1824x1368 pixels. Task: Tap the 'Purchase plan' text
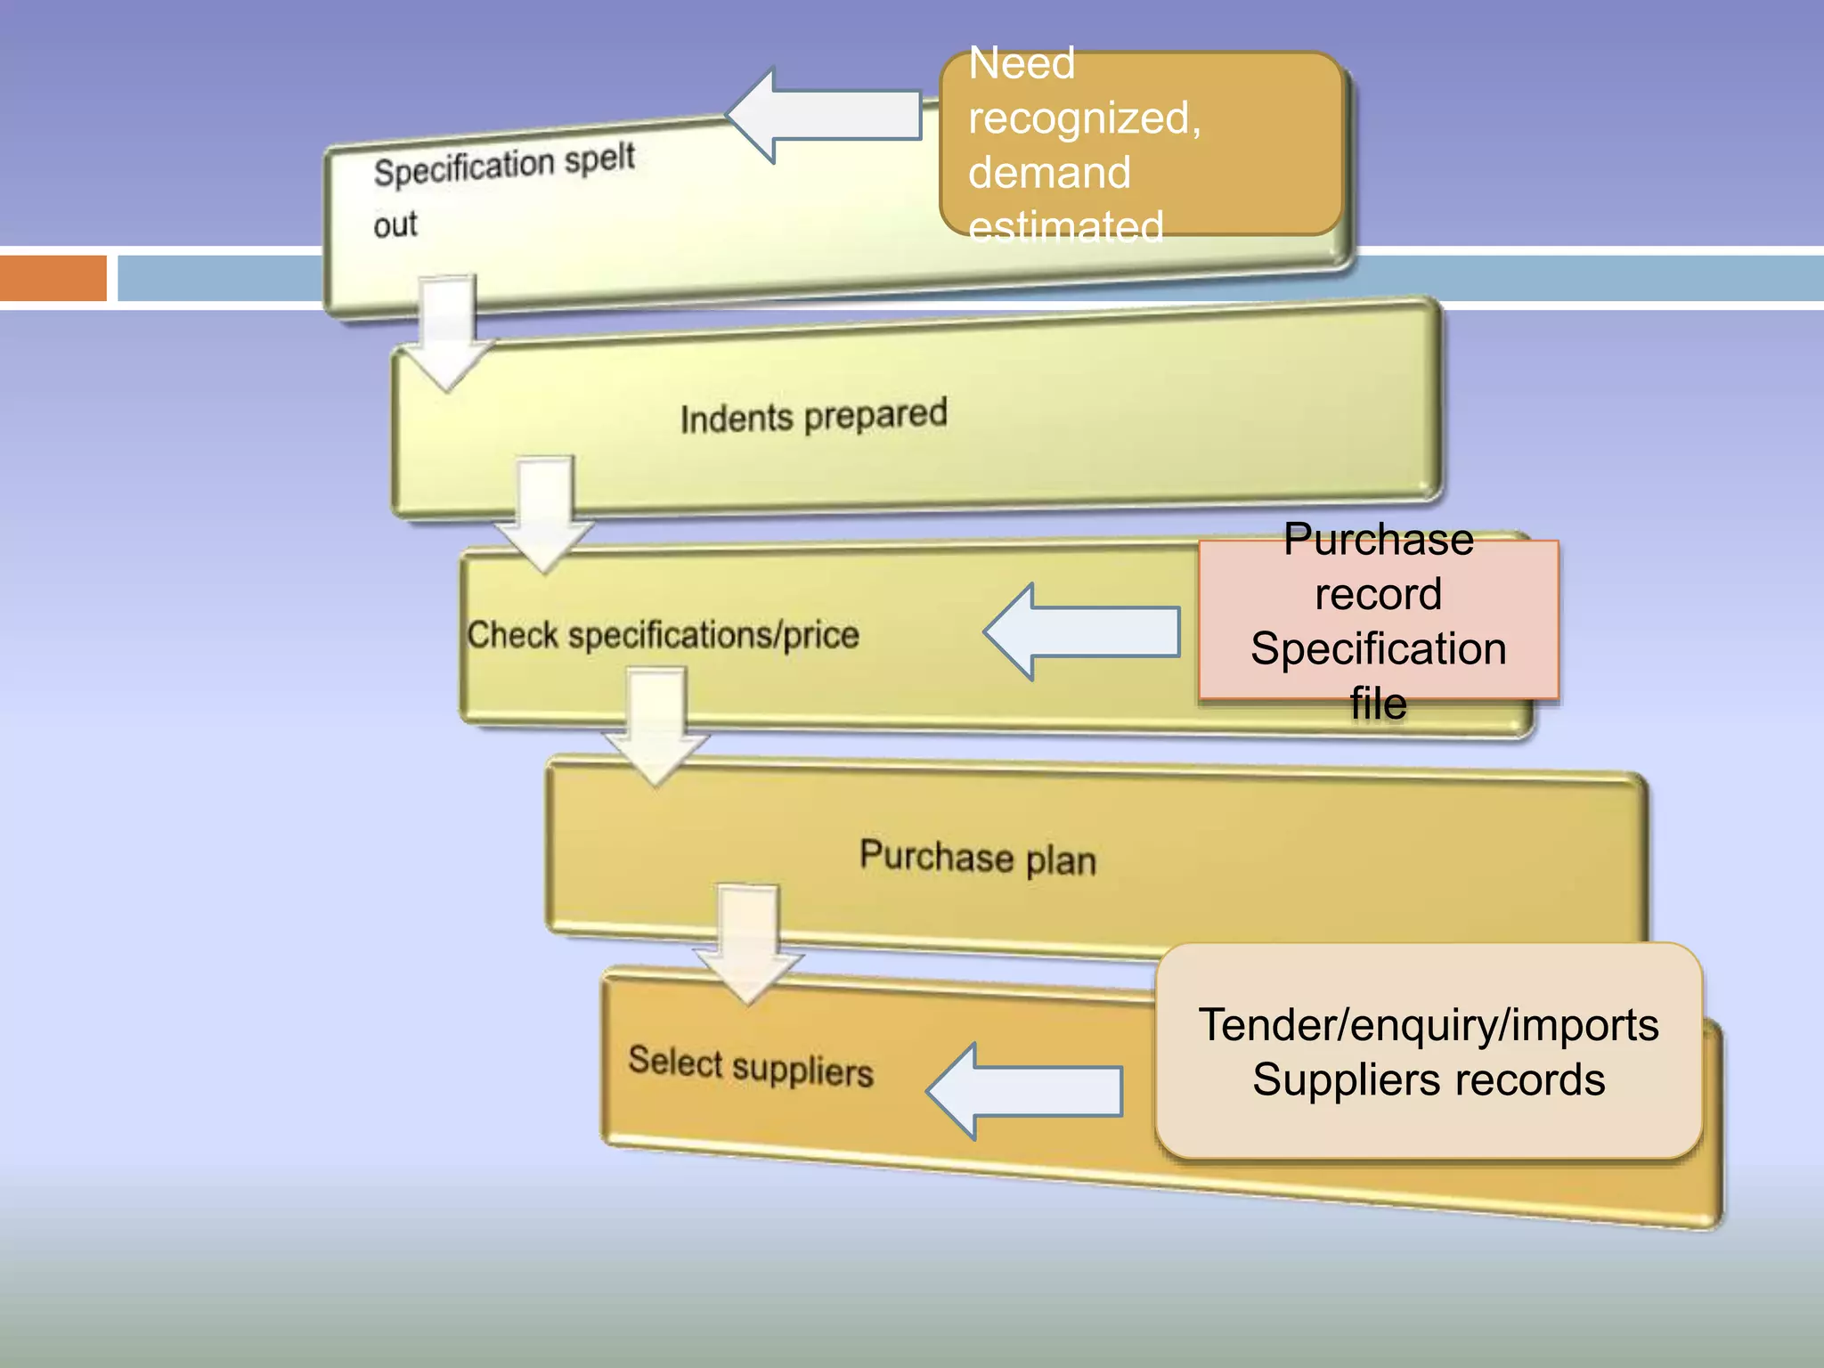click(x=977, y=858)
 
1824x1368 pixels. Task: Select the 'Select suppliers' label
click(x=750, y=1066)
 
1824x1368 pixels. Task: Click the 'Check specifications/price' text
click(x=663, y=635)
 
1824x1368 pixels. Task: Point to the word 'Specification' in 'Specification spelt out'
click(x=464, y=167)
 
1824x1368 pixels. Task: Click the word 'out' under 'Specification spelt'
click(x=395, y=224)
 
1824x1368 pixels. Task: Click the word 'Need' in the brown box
click(x=1022, y=64)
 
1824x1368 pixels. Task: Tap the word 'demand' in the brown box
click(x=1049, y=173)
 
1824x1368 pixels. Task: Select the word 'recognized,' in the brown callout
click(x=1084, y=118)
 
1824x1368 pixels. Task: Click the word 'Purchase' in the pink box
click(x=1378, y=541)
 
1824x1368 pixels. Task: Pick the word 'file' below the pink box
click(x=1378, y=704)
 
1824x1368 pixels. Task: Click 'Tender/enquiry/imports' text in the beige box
click(x=1428, y=1025)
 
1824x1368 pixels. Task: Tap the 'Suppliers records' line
click(x=1428, y=1080)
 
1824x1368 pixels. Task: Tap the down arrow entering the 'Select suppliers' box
click(x=748, y=944)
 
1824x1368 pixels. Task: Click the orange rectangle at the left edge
click(x=53, y=278)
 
